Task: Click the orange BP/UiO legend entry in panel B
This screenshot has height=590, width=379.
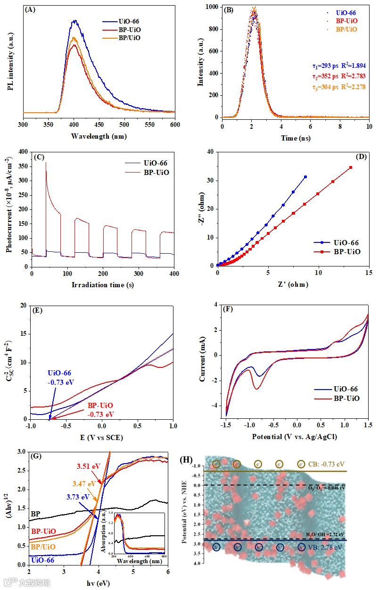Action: [346, 29]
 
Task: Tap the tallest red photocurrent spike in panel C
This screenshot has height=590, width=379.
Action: [46, 163]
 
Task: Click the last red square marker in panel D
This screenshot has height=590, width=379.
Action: [351, 167]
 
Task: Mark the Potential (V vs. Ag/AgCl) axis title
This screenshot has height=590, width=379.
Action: [295, 437]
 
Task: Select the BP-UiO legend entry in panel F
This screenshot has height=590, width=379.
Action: [339, 398]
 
